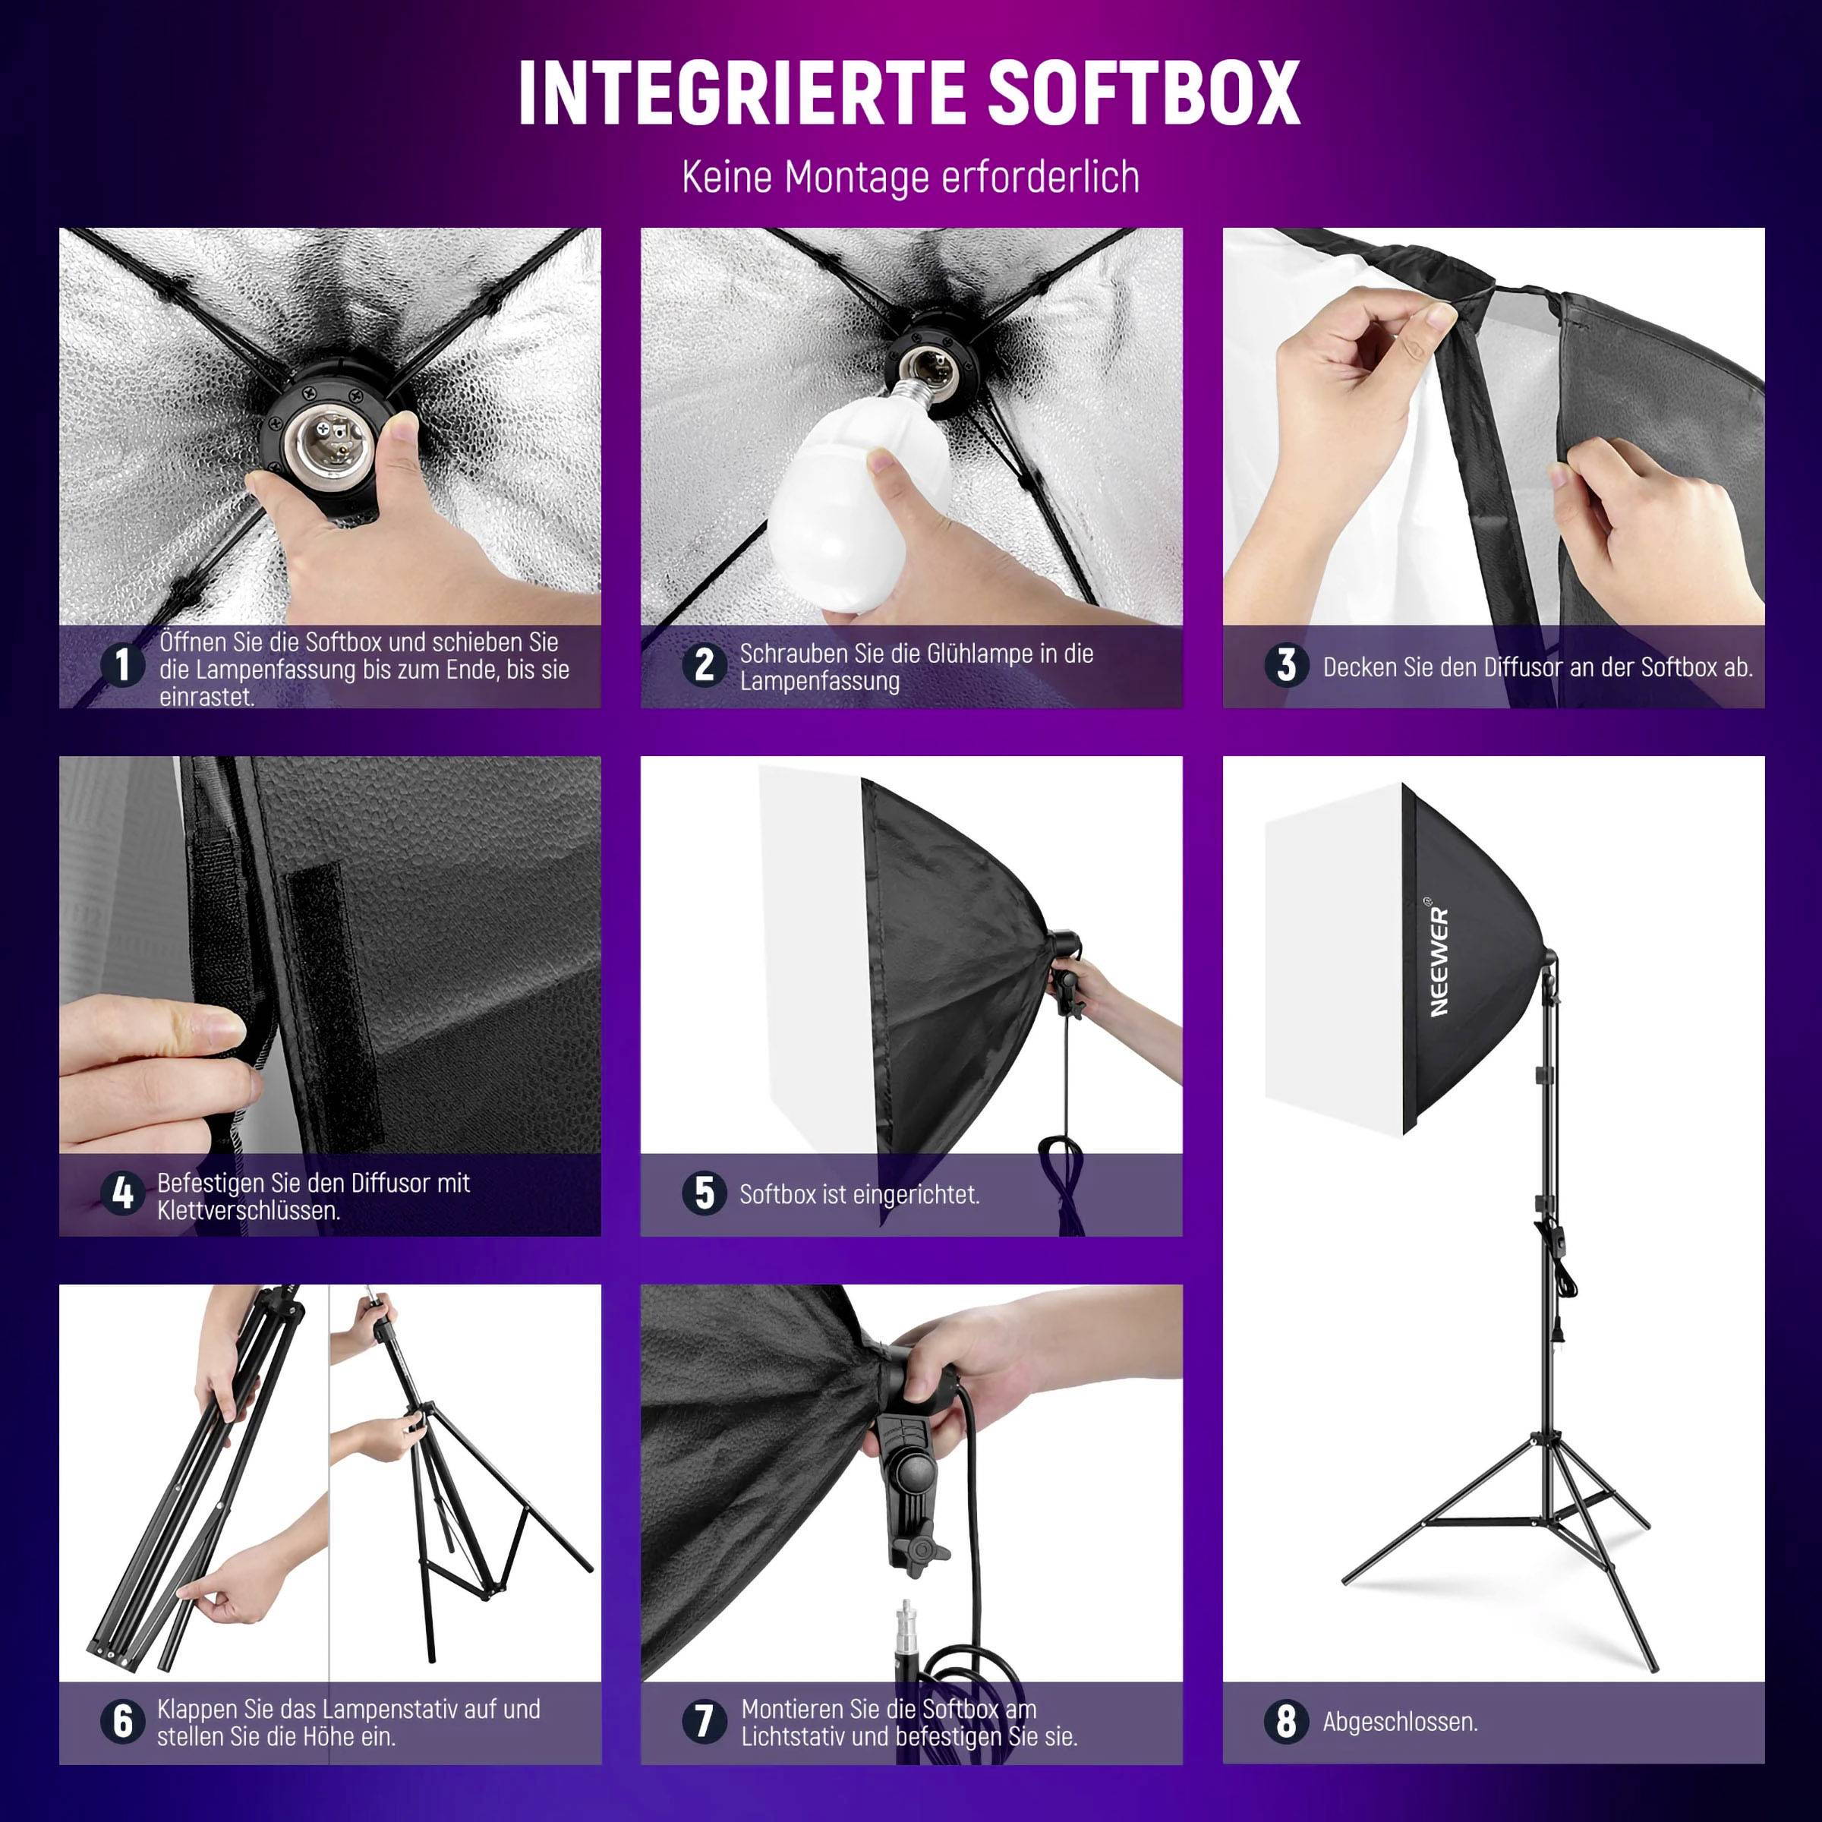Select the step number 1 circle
pyautogui.click(x=122, y=665)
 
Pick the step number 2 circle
pyautogui.click(x=705, y=665)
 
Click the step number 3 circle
pyautogui.click(x=1286, y=665)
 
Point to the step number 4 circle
pyautogui.click(x=122, y=1194)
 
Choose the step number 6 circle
pyautogui.click(x=122, y=1721)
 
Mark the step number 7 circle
pyautogui.click(x=705, y=1721)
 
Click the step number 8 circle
pyautogui.click(x=1286, y=1721)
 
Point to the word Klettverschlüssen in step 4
pyautogui.click(x=249, y=1211)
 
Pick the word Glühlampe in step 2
pyautogui.click(x=969, y=654)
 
